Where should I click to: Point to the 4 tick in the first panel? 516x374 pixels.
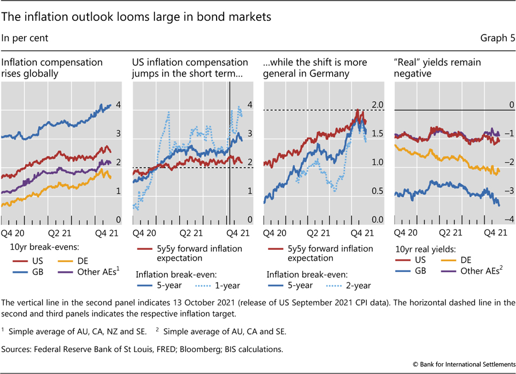(x=118, y=106)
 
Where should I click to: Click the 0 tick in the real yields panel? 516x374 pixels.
(x=511, y=104)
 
